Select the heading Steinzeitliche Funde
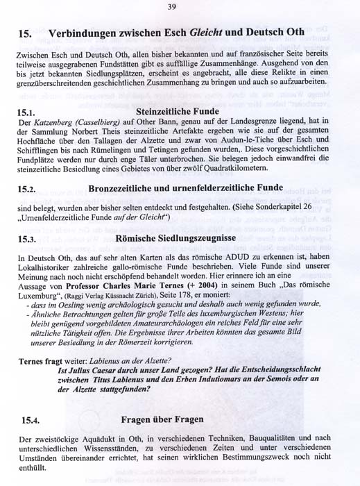178,111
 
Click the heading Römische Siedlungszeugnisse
175,237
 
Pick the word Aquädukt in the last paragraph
101,441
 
